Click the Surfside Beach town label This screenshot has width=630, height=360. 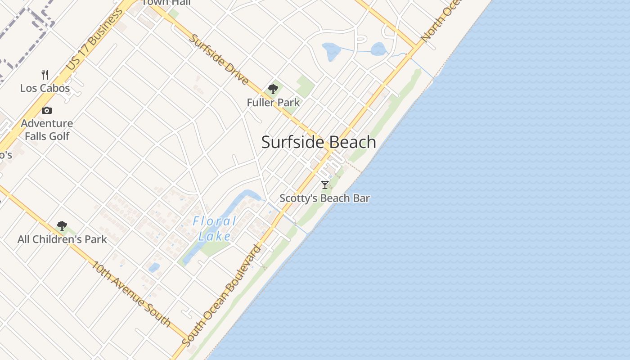point(319,142)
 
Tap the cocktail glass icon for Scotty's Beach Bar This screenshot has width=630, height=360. point(325,184)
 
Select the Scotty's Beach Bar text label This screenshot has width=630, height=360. point(324,198)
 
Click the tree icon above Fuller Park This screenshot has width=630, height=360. point(273,89)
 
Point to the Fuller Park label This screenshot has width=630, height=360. point(273,103)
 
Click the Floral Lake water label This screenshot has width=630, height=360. point(215,229)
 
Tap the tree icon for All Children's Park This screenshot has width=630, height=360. point(62,226)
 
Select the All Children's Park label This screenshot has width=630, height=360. point(62,239)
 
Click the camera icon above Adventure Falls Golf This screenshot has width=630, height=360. point(47,110)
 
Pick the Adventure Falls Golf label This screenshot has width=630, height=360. point(47,129)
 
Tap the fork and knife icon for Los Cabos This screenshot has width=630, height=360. point(45,74)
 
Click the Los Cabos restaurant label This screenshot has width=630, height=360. point(45,88)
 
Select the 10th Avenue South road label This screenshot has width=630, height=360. point(131,293)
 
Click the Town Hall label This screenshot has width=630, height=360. point(166,3)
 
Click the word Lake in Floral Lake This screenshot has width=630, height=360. point(215,236)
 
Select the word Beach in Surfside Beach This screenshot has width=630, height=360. point(353,142)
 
